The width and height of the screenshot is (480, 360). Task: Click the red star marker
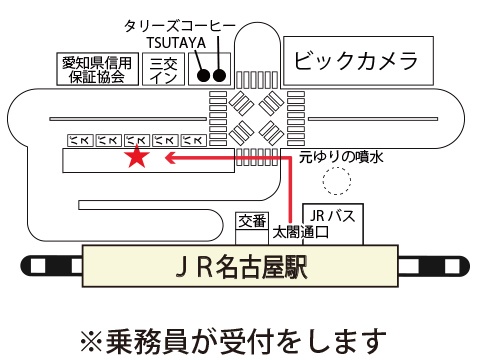tap(137, 157)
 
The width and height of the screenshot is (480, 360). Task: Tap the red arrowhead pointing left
tap(170, 158)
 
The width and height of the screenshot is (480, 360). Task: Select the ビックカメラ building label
tap(356, 61)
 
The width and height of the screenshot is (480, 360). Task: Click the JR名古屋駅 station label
tap(241, 267)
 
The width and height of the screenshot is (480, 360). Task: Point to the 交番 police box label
tap(252, 221)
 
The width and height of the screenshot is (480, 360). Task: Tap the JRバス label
tap(332, 216)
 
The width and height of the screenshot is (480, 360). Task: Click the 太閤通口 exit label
tap(301, 232)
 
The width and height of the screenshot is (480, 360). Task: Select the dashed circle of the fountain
tap(337, 180)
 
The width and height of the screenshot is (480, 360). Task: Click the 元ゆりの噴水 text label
tap(341, 157)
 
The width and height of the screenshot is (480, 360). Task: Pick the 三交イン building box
tap(163, 69)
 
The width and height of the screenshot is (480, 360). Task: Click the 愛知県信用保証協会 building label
tap(97, 70)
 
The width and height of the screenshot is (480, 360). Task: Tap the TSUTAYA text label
tap(176, 43)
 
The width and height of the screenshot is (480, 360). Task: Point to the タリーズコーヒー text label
tap(180, 26)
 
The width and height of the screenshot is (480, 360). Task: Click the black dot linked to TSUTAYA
tap(203, 76)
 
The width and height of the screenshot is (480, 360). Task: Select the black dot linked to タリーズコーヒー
tap(219, 75)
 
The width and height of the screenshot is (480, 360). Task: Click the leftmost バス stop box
tap(80, 141)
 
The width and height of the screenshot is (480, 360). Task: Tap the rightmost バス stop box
tap(194, 141)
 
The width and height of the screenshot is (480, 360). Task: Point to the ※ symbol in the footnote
tap(91, 342)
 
